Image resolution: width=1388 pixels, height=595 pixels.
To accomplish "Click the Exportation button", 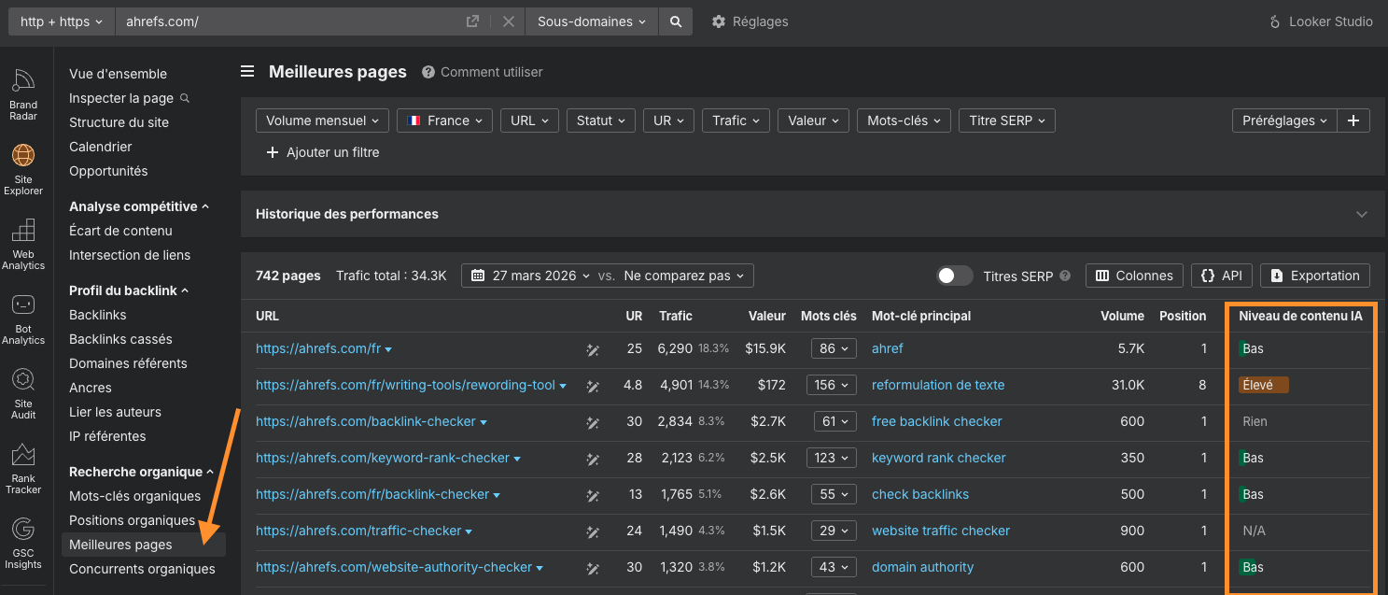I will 1315,276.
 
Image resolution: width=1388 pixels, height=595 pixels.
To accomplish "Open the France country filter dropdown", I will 444,120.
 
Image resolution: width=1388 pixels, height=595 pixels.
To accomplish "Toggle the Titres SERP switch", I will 955,276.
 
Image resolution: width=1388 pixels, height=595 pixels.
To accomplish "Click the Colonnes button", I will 1134,276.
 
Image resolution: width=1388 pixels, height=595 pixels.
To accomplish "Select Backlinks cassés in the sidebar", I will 120,339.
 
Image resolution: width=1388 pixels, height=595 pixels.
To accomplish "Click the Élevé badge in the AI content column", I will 1263,385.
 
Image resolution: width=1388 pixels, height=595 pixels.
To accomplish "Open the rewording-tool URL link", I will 405,385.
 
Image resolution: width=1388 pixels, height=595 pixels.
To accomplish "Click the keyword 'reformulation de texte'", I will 938,385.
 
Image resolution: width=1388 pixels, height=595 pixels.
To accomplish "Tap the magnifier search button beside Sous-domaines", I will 676,21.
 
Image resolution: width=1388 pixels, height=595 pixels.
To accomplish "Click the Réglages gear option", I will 750,21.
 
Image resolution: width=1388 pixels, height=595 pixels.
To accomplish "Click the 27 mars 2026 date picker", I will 531,276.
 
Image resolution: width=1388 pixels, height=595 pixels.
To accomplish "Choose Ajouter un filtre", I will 323,152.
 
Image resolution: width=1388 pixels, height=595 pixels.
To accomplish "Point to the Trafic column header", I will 675,316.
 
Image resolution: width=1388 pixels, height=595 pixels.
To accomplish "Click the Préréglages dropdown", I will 1284,120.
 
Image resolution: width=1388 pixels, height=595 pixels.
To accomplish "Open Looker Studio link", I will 1321,21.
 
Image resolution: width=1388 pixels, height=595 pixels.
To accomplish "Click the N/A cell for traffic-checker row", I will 1254,531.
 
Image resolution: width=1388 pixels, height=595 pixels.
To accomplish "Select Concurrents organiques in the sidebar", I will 142,569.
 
